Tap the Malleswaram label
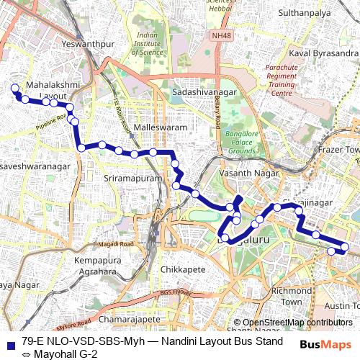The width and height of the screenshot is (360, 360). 156,127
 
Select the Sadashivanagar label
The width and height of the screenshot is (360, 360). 204,93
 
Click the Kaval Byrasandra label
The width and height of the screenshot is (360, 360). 321,53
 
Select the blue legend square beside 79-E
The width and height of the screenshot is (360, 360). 10,343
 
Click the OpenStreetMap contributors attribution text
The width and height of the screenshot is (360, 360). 297,323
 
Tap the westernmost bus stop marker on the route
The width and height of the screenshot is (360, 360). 13,88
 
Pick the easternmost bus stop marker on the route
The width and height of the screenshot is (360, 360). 345,247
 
